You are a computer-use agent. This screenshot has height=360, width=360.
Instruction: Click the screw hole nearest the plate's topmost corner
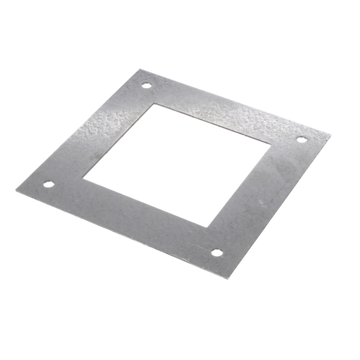coord(146,86)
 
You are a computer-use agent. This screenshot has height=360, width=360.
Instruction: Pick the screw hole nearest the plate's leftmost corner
coord(48,185)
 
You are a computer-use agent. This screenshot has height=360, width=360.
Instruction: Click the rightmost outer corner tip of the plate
coord(330,135)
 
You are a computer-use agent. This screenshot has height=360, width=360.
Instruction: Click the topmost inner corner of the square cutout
coord(154,104)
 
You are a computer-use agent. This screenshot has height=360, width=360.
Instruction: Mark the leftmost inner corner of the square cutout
coord(82,177)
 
